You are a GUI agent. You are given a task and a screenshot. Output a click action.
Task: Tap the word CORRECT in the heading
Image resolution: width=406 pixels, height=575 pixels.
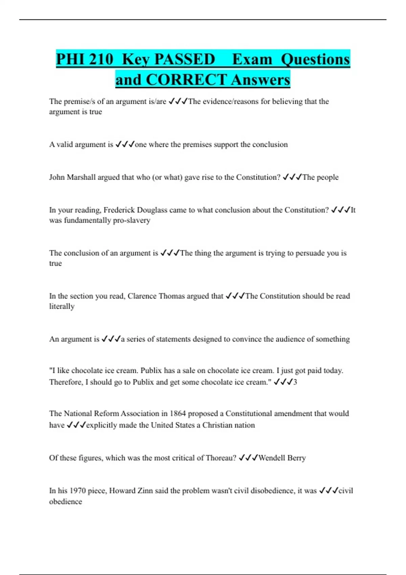point(186,80)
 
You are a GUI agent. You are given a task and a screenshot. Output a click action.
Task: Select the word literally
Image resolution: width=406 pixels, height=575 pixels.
point(62,306)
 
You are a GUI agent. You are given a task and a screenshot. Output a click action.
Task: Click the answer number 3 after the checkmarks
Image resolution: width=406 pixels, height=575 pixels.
point(295,382)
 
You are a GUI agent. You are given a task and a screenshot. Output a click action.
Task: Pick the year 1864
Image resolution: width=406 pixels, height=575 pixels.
point(178,413)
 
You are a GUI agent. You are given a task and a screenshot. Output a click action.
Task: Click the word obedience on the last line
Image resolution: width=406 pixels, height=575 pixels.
point(65,501)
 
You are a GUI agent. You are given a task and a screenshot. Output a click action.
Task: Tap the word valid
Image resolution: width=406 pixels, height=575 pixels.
point(64,144)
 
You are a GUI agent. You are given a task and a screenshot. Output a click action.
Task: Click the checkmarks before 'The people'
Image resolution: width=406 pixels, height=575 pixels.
point(292,177)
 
